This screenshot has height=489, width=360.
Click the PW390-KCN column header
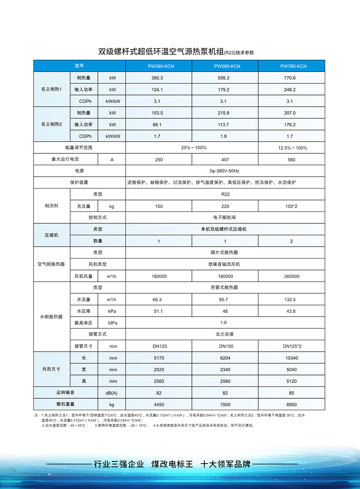coord(159,66)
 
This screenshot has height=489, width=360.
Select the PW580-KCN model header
coord(225,66)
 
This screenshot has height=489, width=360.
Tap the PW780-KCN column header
coord(291,66)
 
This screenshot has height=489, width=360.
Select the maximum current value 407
coord(225,160)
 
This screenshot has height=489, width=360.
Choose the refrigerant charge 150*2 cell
coord(291,206)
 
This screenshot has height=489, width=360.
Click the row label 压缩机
coord(52,235)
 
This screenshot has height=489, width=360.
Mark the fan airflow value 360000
coord(291,276)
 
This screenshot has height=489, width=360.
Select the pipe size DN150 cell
coord(225,346)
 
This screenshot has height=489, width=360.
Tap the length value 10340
coord(291,358)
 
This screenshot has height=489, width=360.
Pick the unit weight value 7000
coord(225,405)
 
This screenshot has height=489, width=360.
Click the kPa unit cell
coord(112,311)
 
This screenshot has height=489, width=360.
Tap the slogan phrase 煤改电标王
coord(172,464)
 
